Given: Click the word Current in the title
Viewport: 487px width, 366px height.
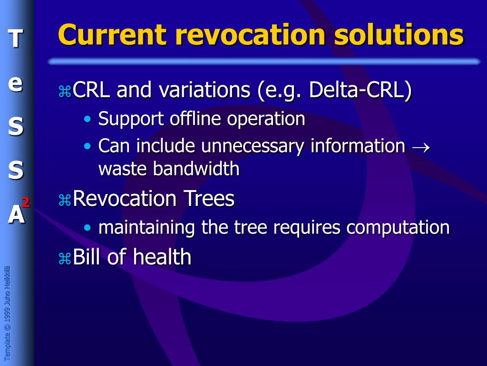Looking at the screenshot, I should coord(112,35).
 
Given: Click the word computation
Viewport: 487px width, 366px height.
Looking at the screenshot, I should coord(398,227).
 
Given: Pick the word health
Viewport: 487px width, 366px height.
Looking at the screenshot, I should coord(162,257).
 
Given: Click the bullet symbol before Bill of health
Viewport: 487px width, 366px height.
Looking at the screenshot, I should coord(64,259).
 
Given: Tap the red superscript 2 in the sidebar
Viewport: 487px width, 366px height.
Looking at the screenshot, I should coord(25,203).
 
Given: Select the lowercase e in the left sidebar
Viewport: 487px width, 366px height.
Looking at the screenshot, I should coord(16,83).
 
